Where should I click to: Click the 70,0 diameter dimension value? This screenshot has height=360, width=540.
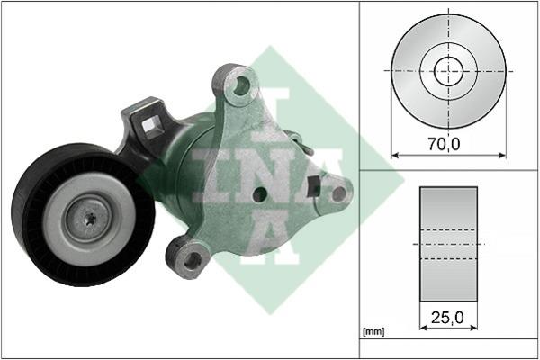[x=444, y=144]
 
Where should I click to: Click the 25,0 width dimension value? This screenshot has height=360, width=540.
[x=447, y=318]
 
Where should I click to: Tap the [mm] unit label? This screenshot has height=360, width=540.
[x=373, y=332]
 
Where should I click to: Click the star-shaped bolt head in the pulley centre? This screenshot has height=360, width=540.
[x=90, y=218]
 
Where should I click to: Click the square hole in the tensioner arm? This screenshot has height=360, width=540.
[x=151, y=126]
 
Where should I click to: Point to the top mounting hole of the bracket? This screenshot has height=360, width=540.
[x=242, y=85]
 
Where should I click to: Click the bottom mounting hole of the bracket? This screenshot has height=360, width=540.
[x=193, y=260]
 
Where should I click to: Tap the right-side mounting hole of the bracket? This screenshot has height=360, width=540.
[x=339, y=194]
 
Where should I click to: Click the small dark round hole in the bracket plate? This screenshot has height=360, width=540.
[x=260, y=195]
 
